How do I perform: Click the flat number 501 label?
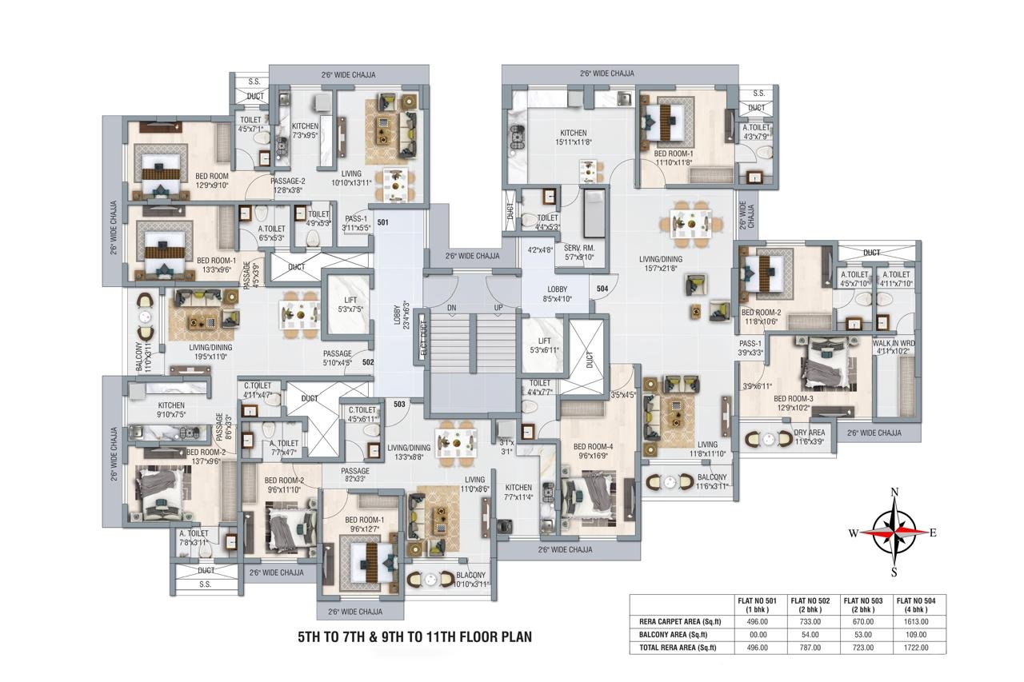point(382,222)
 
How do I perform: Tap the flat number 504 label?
point(602,288)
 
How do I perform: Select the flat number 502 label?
point(368,362)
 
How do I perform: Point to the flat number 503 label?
point(399,404)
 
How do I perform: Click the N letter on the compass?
point(894,492)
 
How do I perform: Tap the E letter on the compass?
point(933,532)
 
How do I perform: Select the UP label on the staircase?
point(499,307)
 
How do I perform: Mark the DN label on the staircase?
point(451,307)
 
